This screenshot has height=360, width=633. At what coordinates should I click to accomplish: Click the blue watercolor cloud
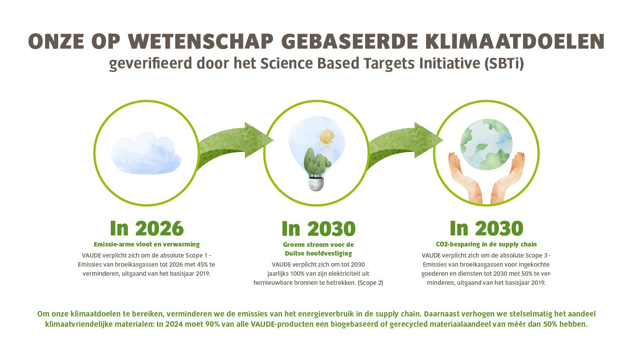146,153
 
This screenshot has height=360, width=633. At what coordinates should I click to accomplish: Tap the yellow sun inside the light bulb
327,136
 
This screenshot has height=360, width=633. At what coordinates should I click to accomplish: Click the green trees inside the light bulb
317,163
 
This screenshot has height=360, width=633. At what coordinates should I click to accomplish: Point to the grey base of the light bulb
316,184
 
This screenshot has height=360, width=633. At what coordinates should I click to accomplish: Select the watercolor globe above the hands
486,145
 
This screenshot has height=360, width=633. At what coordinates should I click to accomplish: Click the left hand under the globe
465,178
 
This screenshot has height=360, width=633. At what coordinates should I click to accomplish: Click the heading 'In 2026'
147,228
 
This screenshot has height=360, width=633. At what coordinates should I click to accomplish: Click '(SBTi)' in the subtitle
504,63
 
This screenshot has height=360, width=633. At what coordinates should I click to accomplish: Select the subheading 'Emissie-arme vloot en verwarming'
147,244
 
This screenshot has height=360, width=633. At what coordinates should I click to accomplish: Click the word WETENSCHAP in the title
201,42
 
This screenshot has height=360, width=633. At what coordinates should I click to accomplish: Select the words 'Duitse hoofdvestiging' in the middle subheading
318,254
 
